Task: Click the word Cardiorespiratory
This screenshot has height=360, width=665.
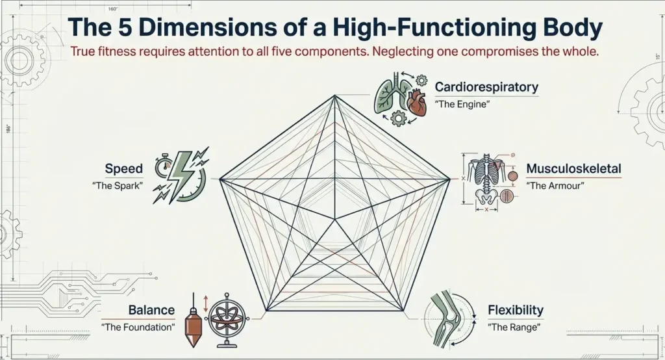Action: coord(486,86)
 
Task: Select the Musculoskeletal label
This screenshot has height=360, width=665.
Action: coord(573,169)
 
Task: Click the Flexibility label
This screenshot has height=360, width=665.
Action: coord(516,310)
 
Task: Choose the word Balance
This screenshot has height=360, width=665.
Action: coord(151,310)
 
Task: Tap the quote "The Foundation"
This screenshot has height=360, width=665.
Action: coord(138,327)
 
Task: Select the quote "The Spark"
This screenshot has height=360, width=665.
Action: coord(118,186)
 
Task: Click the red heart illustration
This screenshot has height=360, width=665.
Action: coord(416,103)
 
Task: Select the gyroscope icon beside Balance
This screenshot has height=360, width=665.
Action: coord(229,316)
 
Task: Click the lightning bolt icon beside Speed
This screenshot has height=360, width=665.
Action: coord(182,172)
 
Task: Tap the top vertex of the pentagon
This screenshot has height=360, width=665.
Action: coord(335,96)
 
